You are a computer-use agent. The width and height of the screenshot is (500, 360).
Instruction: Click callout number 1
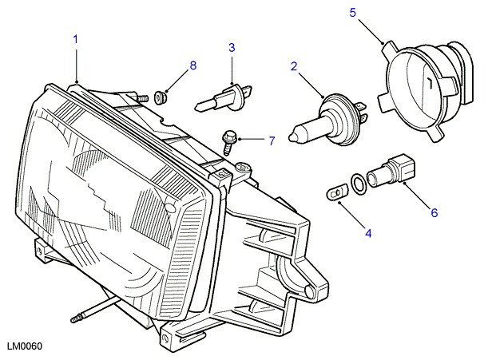[77, 38]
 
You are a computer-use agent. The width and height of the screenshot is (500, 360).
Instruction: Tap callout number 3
[232, 47]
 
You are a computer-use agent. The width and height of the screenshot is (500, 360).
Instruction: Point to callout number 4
[368, 234]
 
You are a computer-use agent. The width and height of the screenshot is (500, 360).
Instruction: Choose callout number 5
[353, 12]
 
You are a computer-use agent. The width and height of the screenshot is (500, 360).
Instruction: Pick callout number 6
[435, 212]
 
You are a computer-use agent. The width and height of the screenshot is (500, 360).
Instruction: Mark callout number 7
[271, 141]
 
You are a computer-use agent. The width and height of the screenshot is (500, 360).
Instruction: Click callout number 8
[192, 64]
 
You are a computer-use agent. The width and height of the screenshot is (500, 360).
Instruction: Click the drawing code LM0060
[24, 346]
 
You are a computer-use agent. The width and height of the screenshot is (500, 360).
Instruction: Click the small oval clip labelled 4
[336, 192]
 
